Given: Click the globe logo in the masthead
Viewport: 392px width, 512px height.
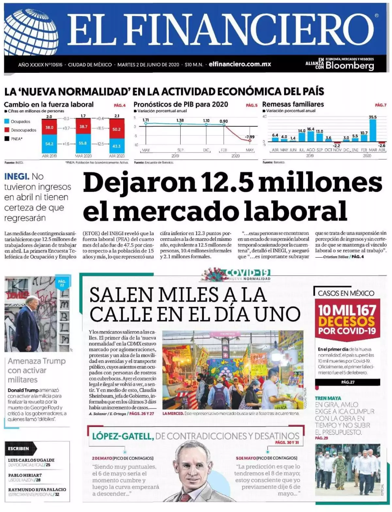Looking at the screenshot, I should (x=31, y=32).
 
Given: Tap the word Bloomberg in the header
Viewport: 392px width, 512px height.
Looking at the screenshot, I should (x=350, y=66).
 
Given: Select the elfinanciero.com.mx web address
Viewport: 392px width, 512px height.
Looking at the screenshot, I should (x=240, y=64).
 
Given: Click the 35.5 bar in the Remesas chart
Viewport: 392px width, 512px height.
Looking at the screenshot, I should (x=372, y=130).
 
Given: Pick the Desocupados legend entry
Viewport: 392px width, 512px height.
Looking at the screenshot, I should (x=24, y=130).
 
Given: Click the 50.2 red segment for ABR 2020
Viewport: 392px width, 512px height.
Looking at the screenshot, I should (x=116, y=129).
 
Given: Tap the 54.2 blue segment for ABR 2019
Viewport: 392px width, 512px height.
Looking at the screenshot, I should (x=50, y=144).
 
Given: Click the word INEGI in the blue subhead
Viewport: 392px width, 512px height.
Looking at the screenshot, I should (x=17, y=177).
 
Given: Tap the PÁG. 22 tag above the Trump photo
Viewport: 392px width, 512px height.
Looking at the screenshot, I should (x=62, y=283).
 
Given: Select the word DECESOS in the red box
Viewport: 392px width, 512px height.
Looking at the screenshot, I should (x=347, y=321).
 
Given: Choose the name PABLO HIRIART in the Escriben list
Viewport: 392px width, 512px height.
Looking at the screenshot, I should (x=25, y=475).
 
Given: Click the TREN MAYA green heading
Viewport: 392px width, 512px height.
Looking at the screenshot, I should (x=328, y=398).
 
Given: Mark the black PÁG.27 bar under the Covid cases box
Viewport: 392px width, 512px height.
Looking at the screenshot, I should (x=348, y=382).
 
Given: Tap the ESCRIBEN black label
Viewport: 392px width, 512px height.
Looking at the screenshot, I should (x=18, y=449).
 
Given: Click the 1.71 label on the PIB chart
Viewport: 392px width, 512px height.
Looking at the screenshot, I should (x=146, y=120).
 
